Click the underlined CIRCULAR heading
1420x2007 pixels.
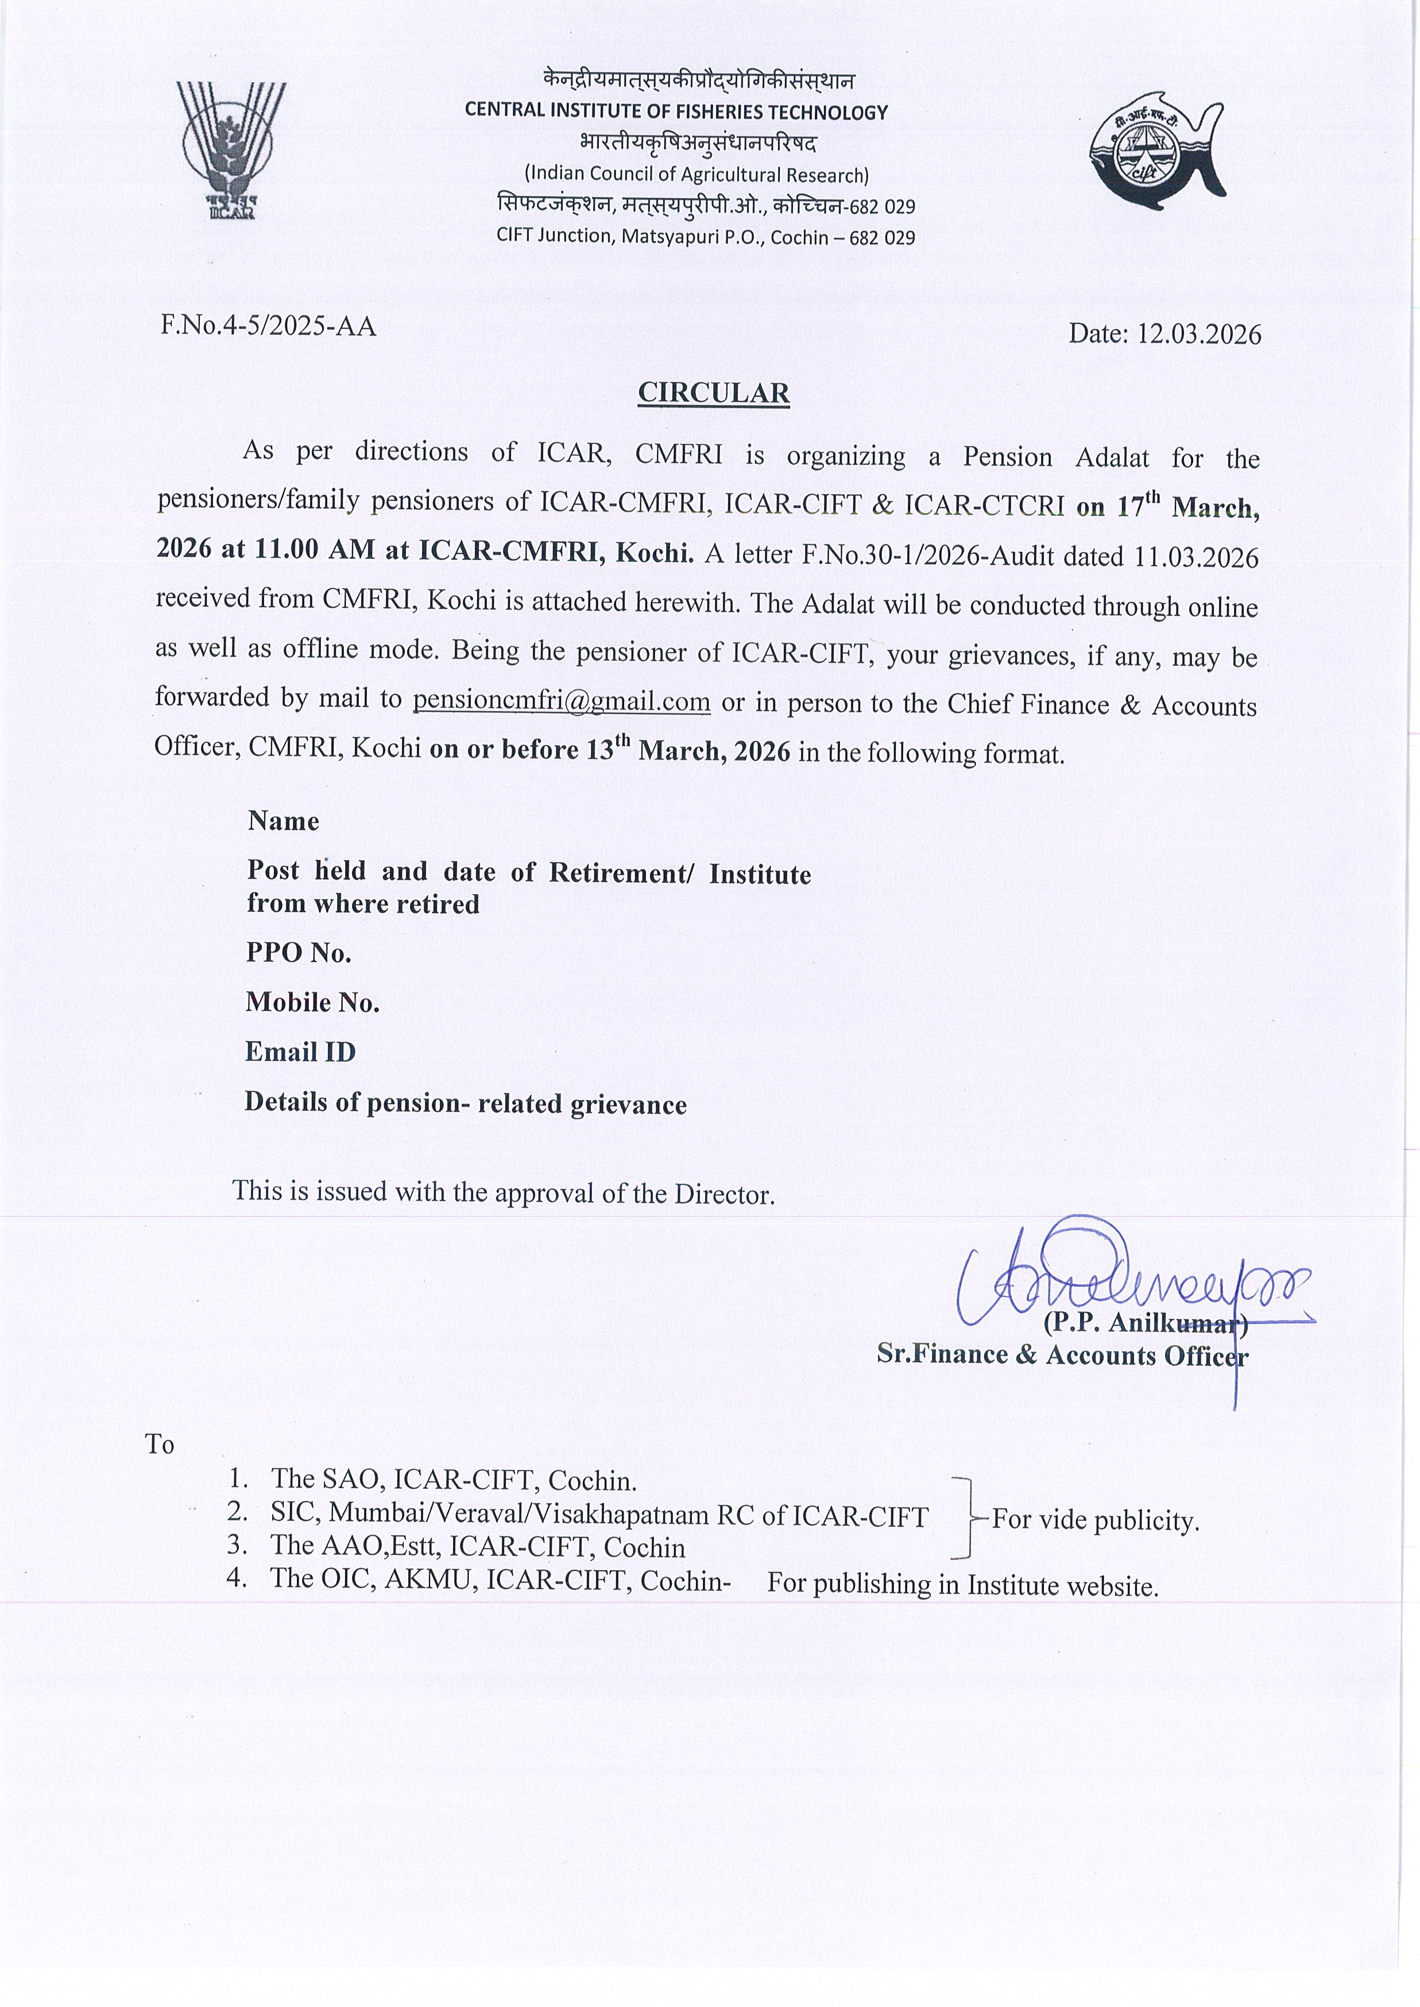[x=714, y=393]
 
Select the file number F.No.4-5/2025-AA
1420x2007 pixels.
[x=268, y=326]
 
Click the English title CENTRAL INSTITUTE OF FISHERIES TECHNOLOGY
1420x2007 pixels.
[x=676, y=112]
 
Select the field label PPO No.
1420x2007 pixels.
[x=298, y=952]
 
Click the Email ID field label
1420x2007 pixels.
[x=300, y=1051]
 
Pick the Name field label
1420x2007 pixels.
[x=283, y=821]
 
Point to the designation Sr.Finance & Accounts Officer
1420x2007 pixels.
[x=1062, y=1355]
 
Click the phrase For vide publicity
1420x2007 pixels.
[x=1096, y=1520]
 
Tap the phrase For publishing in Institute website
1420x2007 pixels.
[x=963, y=1585]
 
